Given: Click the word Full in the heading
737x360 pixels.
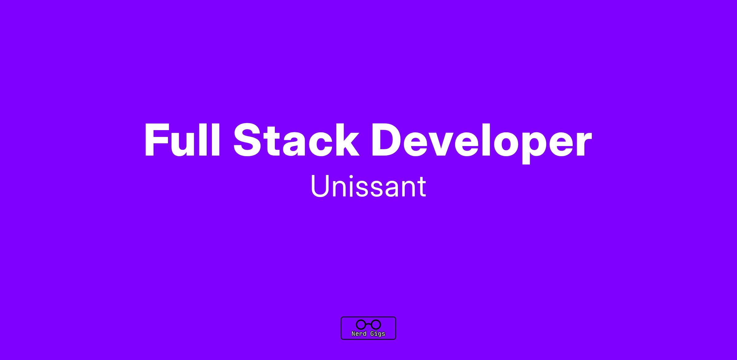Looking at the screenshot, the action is [x=182, y=140].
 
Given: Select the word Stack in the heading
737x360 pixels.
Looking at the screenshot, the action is [x=296, y=140].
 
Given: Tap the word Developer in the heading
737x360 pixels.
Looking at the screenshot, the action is [x=482, y=143].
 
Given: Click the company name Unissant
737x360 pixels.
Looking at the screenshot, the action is [x=368, y=186].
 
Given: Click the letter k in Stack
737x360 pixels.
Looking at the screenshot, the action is [x=345, y=140].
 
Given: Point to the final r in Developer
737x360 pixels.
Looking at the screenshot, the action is [x=583, y=144].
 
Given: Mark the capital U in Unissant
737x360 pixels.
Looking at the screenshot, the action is [x=320, y=186].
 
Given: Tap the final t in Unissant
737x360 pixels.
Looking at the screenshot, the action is [x=422, y=187].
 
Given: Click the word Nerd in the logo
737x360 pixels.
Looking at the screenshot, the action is [x=359, y=334].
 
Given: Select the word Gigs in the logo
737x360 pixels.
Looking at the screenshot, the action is [x=378, y=334].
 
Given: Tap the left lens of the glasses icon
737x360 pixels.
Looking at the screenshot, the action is [x=361, y=324].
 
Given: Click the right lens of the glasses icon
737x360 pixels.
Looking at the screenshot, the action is [x=376, y=324].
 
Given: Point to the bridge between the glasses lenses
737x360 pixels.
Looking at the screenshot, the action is [x=368, y=324].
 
